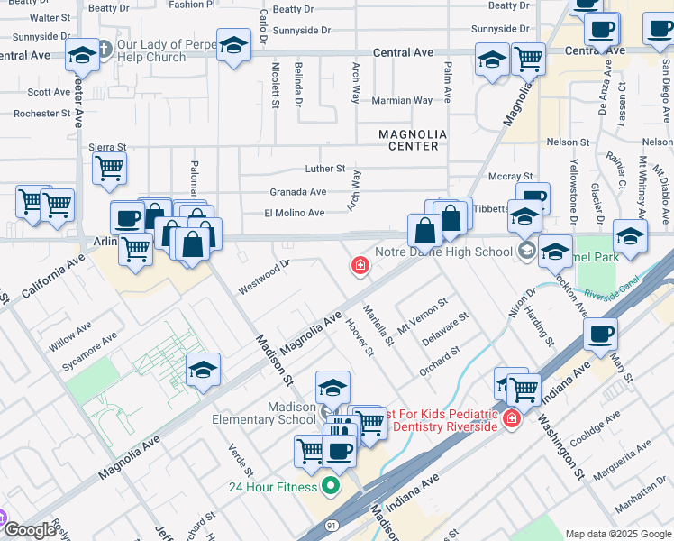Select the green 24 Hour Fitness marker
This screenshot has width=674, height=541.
click(x=331, y=487)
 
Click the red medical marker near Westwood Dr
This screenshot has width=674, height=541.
click(x=360, y=265)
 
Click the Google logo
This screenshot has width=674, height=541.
click(x=29, y=530)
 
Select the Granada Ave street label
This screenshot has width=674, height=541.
click(x=297, y=192)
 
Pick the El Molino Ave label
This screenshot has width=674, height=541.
click(x=294, y=213)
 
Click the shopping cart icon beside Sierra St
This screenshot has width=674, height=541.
click(x=109, y=168)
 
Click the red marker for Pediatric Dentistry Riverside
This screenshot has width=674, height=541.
click(x=512, y=418)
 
